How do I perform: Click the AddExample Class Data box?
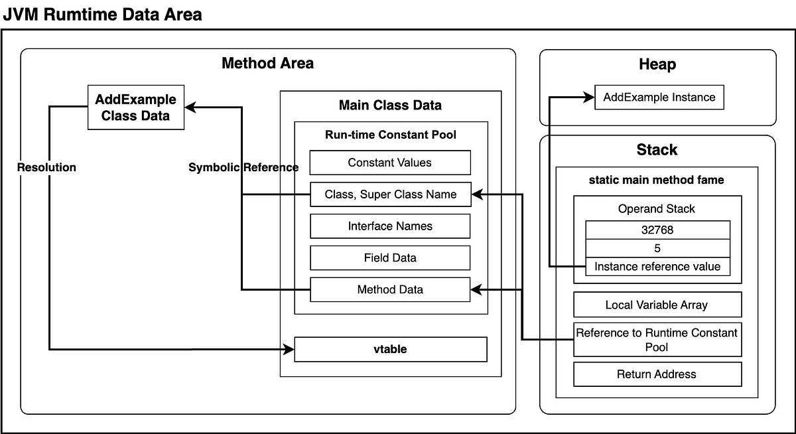(x=136, y=108)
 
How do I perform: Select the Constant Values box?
(x=390, y=163)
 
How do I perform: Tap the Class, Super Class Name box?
(x=391, y=194)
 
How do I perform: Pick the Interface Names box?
(x=390, y=226)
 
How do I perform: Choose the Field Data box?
(x=390, y=257)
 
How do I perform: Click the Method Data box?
(x=390, y=289)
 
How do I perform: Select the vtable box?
(x=391, y=350)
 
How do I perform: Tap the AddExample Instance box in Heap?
(x=659, y=97)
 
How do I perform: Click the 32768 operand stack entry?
(x=657, y=230)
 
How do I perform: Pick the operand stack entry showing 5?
(x=657, y=248)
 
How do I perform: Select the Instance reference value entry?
(x=657, y=267)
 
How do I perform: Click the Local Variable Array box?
(x=657, y=305)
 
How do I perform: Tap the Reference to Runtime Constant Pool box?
(x=657, y=340)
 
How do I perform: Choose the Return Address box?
(x=657, y=374)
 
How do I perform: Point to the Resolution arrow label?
(x=46, y=167)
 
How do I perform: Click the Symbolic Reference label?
(x=243, y=167)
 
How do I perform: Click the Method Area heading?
(x=267, y=63)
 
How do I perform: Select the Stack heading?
(x=657, y=149)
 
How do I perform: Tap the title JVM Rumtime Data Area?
(x=102, y=15)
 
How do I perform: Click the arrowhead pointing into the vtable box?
(x=289, y=350)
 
